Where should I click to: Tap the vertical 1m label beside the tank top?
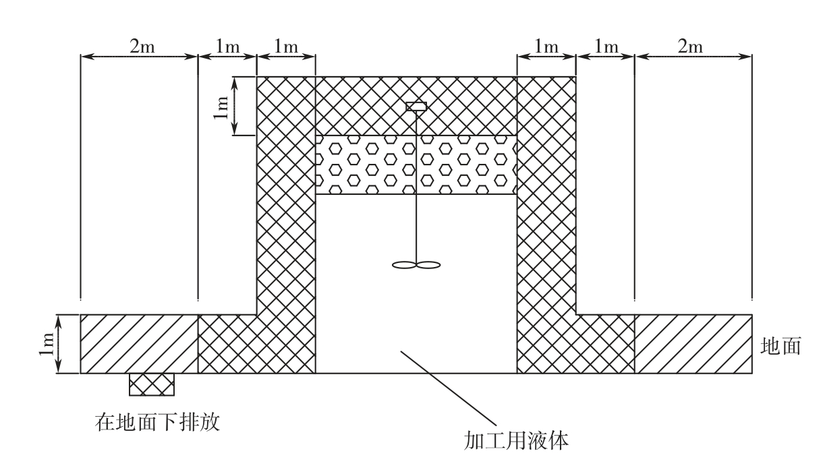(221, 107)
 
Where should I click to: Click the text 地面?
(780, 347)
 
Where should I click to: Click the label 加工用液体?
(517, 442)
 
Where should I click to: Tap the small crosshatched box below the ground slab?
(152, 384)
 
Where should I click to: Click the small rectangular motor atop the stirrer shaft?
(416, 106)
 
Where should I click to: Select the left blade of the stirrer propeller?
(404, 265)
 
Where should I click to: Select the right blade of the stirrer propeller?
(429, 265)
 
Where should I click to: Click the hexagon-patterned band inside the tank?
(364, 165)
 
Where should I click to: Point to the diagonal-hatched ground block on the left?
(139, 344)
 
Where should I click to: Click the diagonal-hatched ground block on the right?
(693, 344)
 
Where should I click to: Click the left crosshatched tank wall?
(286, 202)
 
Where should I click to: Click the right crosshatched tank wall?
(546, 202)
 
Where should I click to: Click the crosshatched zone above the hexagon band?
(364, 106)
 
